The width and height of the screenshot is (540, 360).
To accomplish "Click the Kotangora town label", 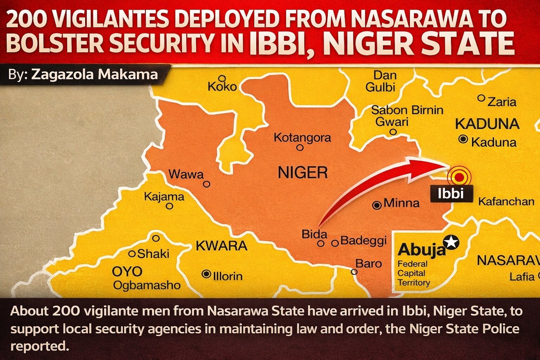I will [302, 137].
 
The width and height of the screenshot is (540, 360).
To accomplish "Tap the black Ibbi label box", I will [451, 194].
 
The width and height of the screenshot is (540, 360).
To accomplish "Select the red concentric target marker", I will [458, 176].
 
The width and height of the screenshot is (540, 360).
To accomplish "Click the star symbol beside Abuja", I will [451, 242].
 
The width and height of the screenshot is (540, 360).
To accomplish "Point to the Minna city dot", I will [377, 205].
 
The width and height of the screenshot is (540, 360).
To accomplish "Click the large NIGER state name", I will [303, 173].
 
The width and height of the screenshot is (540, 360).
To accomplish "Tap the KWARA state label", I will [221, 246].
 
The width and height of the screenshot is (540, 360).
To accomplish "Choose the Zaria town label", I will [502, 102].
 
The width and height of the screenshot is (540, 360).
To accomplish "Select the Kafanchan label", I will [506, 201].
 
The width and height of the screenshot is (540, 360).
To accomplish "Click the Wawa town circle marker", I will [207, 184].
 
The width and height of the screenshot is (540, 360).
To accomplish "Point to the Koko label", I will [222, 86].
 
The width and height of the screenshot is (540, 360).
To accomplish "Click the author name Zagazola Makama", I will [95, 75].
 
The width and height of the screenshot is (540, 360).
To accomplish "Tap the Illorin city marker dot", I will [207, 274].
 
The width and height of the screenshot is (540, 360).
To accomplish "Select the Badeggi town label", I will [364, 240].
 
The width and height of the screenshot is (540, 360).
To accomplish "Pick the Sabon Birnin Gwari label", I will [407, 116].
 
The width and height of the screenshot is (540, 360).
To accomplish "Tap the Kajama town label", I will [164, 196].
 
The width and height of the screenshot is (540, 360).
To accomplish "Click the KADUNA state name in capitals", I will [487, 124].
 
